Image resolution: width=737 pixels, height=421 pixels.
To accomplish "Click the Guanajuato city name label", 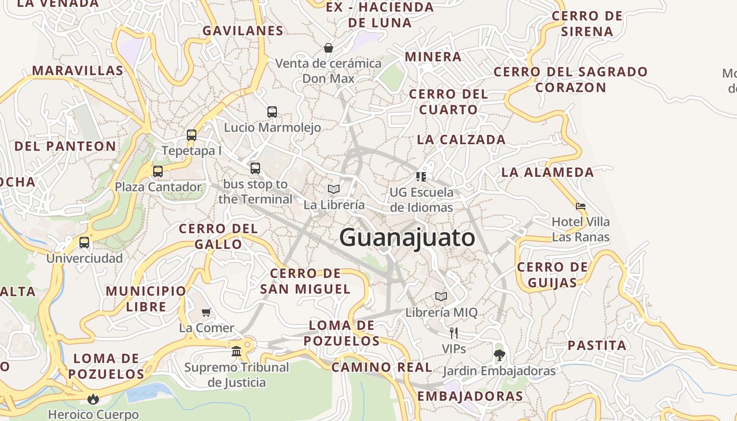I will [x=407, y=238].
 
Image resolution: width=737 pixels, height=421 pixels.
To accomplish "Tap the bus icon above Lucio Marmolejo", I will [x=272, y=112].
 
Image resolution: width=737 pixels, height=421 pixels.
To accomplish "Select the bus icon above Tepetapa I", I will [x=192, y=135].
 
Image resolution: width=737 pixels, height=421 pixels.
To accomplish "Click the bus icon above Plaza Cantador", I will [x=158, y=171].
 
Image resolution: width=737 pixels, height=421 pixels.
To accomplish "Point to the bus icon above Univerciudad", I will [x=84, y=243].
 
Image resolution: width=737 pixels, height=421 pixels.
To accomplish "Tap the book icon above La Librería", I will [x=334, y=189].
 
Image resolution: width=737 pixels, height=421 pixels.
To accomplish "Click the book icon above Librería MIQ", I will [x=441, y=296].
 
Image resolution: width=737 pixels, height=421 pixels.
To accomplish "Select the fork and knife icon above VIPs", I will [x=454, y=333].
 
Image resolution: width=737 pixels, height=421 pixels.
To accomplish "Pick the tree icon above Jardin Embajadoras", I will [x=499, y=355].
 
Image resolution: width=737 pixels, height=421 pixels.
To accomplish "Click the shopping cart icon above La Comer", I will [x=206, y=312].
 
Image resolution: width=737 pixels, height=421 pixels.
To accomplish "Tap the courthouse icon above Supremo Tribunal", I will [x=236, y=351].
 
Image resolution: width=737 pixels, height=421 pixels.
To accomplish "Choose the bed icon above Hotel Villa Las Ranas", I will [x=581, y=206].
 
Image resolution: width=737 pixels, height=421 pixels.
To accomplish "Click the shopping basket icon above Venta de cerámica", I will [x=328, y=48].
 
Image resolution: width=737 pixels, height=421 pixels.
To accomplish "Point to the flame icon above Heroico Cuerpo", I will [x=93, y=398].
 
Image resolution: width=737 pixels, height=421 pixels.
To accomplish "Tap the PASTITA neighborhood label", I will [x=597, y=346].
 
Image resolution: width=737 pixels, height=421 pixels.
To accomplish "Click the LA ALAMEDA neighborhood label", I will [x=547, y=172].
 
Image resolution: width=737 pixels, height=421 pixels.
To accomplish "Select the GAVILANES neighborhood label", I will [x=243, y=31].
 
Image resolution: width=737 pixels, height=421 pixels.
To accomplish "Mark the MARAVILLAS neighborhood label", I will [x=78, y=71].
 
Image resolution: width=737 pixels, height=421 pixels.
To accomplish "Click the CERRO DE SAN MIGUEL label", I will [x=305, y=281].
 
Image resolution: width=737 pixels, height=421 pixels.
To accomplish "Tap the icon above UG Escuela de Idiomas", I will [x=421, y=176].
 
